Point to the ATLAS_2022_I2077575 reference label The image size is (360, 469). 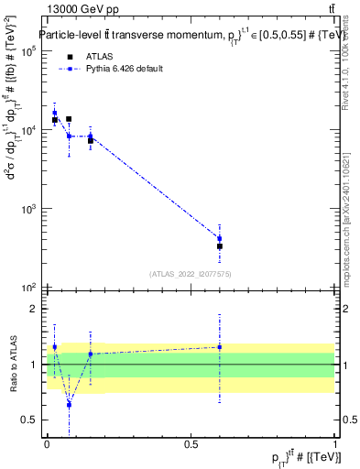coord(191,274)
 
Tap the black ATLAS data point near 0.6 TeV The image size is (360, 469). coord(220,246)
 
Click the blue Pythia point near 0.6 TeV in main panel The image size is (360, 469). coord(220,238)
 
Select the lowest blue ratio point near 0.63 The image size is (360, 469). coord(69,404)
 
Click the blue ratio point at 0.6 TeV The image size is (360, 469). coord(220,347)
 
